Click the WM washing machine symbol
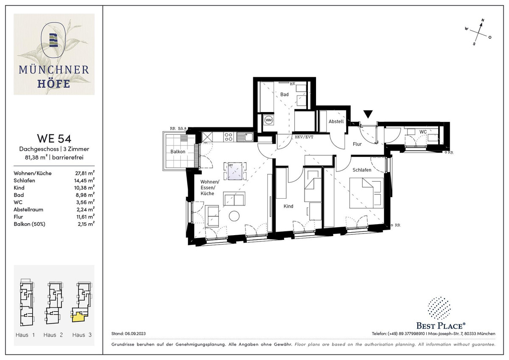(268, 120)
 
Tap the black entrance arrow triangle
(368, 114)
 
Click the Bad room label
(284, 94)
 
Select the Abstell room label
(336, 121)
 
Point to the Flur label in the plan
(357, 144)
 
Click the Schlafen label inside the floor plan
(362, 170)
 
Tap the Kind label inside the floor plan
(288, 206)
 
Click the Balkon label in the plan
(178, 152)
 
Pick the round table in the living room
(234, 216)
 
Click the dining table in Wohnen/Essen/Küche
(235, 171)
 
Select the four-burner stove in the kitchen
(228, 137)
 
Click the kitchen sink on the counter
(245, 137)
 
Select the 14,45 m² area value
(84, 180)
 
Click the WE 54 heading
(54, 138)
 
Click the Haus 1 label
(25, 335)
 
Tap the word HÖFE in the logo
(53, 84)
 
